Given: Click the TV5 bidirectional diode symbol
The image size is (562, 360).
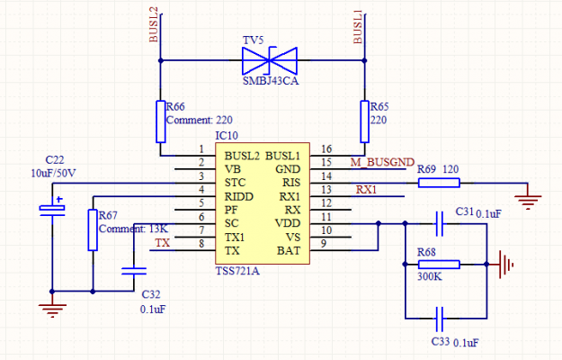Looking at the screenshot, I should [x=270, y=61].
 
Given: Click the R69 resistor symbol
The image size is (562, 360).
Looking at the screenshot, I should [x=439, y=183].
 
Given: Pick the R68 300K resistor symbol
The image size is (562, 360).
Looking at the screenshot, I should [x=439, y=265].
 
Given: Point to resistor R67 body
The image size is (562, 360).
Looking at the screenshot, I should [x=93, y=230].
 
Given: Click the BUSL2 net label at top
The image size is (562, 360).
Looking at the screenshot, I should [x=153, y=27].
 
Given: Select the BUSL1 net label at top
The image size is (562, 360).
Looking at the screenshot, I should [x=358, y=27].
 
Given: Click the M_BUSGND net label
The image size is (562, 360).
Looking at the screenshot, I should [x=380, y=162].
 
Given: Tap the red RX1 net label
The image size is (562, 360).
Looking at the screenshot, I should [x=366, y=190].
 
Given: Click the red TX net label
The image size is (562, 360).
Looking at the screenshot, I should [x=162, y=243].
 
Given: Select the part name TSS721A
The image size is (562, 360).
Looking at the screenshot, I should [x=237, y=271].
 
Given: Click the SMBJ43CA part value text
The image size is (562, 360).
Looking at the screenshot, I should [x=270, y=82].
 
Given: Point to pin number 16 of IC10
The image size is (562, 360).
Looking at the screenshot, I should [x=326, y=149].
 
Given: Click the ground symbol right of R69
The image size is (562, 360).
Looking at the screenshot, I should [x=531, y=191].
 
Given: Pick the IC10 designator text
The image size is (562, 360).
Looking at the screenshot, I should [x=227, y=135].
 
